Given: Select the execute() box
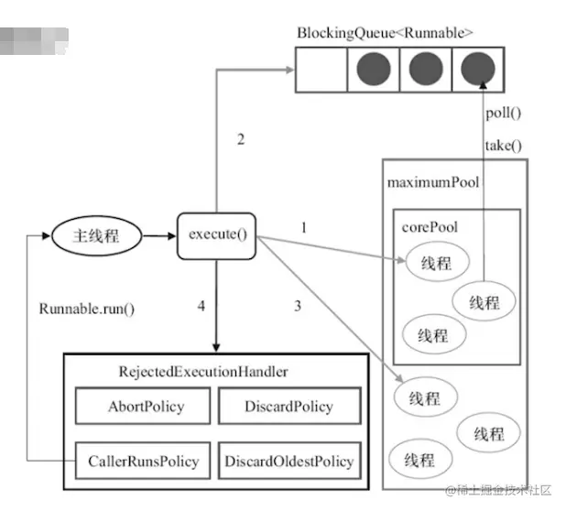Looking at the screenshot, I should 217,234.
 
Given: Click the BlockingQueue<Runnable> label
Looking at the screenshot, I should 385,33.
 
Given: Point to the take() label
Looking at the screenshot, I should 503,145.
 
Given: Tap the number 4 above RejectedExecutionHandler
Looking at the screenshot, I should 201,306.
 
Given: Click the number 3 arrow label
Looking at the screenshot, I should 297,306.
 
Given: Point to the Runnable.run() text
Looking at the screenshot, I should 87,308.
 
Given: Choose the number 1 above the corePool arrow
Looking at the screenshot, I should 303,225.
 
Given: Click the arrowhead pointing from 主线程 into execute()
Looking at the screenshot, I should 171,234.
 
